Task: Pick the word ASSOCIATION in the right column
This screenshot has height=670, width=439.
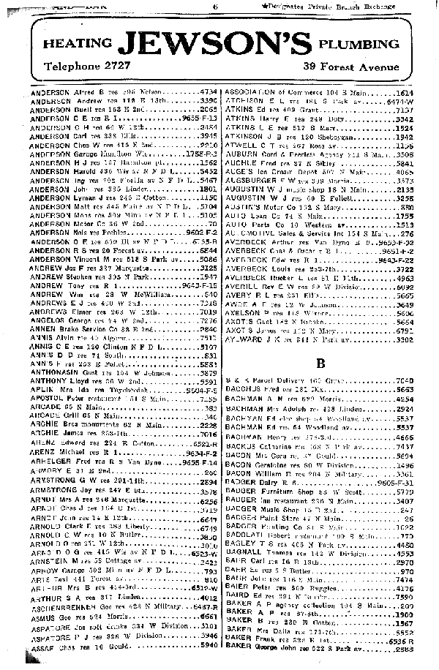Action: [253, 93]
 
